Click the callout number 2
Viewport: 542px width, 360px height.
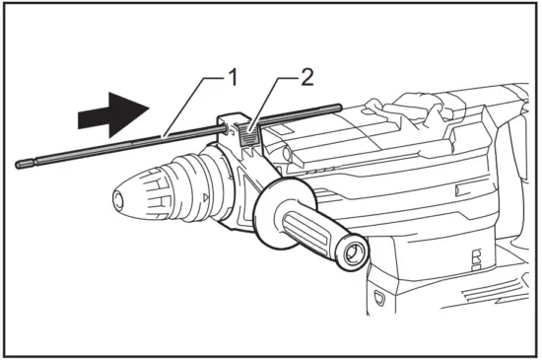coord(307,75)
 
